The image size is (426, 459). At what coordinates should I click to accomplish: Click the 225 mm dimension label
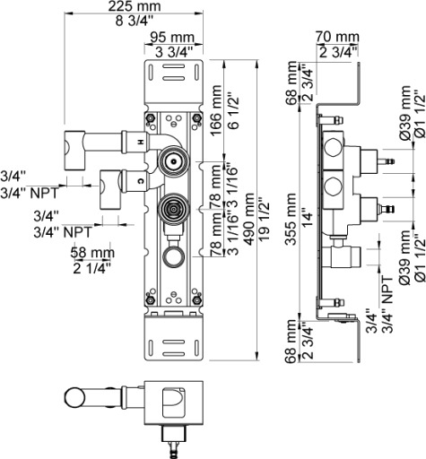coord(135,6)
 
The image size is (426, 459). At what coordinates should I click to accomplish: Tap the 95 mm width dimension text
coord(172,38)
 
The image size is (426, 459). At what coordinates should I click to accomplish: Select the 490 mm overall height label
coord(248,219)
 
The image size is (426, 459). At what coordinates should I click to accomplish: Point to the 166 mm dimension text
coord(216,111)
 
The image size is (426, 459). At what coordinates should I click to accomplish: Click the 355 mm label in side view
coord(290,219)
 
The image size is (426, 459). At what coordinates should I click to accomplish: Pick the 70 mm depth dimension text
coord(337,37)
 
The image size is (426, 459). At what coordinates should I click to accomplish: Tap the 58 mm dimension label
coord(92,253)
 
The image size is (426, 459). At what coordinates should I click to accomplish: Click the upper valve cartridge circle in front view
coord(173,161)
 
